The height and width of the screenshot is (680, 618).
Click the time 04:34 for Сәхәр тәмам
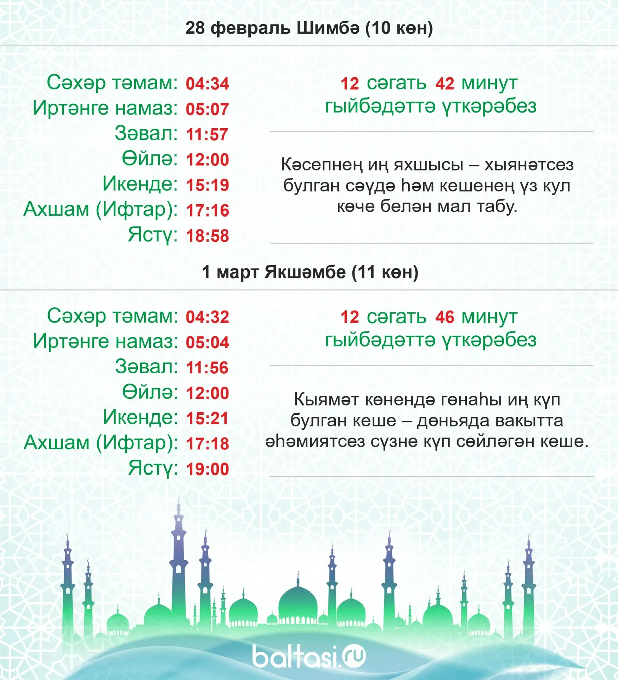click(208, 84)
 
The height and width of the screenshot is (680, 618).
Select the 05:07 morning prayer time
click(208, 109)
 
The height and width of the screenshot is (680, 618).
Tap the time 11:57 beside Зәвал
click(207, 135)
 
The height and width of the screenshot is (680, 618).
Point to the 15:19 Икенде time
click(208, 185)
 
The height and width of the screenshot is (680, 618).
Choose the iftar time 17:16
click(208, 210)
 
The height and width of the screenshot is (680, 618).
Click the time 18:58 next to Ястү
click(208, 236)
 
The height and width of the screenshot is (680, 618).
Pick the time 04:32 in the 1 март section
click(208, 317)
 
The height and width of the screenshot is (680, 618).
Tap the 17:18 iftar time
click(208, 444)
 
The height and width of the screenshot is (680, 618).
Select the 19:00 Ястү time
click(208, 469)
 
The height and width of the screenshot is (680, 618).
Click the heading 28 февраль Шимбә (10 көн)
click(309, 28)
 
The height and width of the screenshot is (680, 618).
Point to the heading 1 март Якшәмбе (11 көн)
click(310, 272)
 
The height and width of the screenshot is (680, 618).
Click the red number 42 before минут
click(444, 84)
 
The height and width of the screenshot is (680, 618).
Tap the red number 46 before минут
click(444, 317)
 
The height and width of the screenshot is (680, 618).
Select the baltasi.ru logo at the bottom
click(309, 656)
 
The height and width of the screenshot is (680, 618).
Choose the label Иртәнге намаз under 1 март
click(105, 341)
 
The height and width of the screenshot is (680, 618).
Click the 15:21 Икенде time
click(207, 419)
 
